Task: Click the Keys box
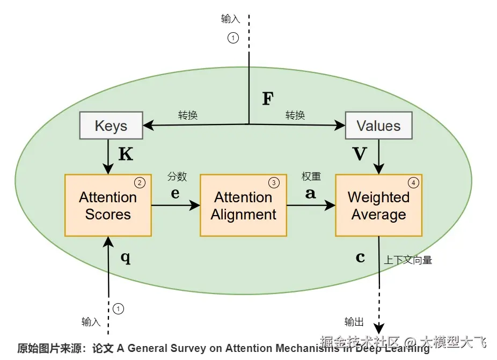point(111,126)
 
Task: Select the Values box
point(378,126)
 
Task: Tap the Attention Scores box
point(108,205)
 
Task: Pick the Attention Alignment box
point(243,205)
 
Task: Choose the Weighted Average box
point(378,205)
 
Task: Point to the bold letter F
point(267,99)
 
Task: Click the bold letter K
point(125,155)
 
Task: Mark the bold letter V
point(360,155)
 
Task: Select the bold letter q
point(125,258)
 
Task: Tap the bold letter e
point(175,194)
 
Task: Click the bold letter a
point(310,194)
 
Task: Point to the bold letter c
point(360,258)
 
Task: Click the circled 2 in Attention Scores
point(140,182)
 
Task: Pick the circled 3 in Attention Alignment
point(274,182)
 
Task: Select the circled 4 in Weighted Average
point(413,182)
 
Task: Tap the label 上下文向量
point(408,260)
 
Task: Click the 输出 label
point(354,322)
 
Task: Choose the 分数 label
point(177,177)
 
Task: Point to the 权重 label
point(311,177)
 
